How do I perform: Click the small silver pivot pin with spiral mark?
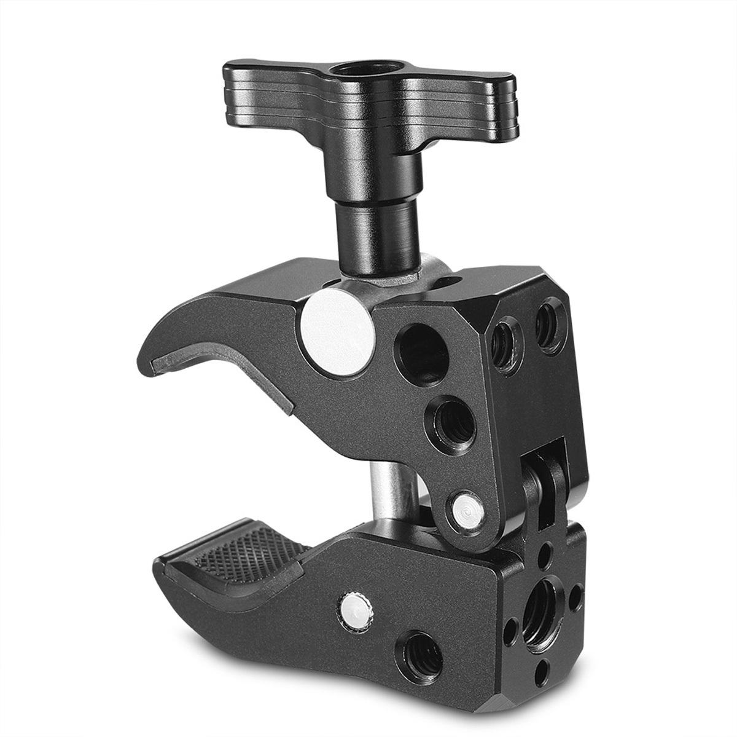[466, 508]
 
